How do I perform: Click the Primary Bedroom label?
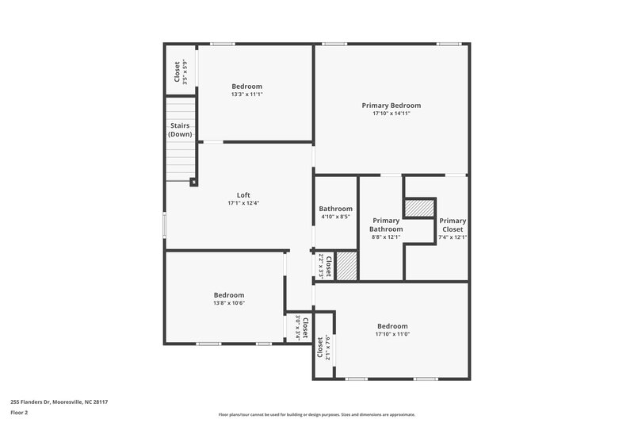point(391,105)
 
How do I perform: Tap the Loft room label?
point(243,194)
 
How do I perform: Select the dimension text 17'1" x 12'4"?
point(243,203)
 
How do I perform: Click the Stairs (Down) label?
point(180,129)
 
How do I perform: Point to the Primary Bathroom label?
point(386,225)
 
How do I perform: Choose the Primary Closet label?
point(453,225)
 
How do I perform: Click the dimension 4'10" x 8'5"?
point(336,217)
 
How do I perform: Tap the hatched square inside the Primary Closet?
point(420,208)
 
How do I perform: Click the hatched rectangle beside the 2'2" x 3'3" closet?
point(347,265)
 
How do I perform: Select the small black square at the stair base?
point(193,182)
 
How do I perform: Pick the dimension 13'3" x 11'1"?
point(246,94)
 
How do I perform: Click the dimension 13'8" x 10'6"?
point(228,302)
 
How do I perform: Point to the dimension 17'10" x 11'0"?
point(392,334)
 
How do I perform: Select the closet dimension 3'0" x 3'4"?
point(299,328)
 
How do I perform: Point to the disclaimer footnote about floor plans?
point(316,414)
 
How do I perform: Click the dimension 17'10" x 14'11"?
point(391,113)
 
